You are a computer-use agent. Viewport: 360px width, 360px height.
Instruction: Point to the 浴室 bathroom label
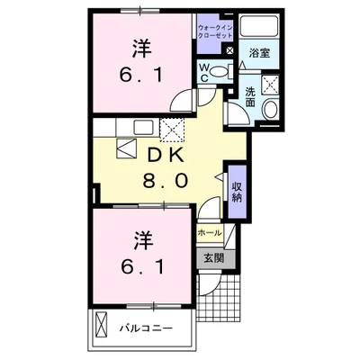(x=258, y=53)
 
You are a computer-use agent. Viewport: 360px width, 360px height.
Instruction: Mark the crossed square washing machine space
(x=267, y=85)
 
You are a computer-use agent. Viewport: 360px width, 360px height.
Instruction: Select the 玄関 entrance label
(x=212, y=259)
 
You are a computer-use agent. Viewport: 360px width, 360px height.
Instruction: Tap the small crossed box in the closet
(x=232, y=52)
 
